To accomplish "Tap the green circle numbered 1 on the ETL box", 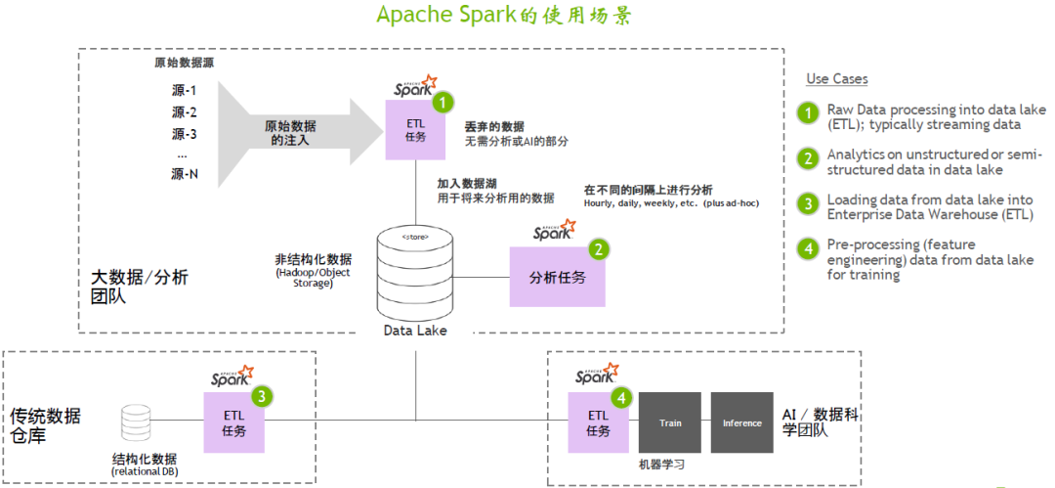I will click(443, 102).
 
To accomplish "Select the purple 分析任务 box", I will click(557, 277).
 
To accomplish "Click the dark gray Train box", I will click(670, 422).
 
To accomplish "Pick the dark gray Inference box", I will click(741, 422).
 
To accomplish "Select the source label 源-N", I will click(185, 174).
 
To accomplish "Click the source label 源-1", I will click(185, 91).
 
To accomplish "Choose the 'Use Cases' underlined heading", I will click(836, 79).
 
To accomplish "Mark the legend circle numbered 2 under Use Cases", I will click(808, 158).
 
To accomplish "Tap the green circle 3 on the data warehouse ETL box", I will click(263, 396).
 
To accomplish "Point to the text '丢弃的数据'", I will click(494, 127).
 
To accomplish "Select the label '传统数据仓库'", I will click(46, 426).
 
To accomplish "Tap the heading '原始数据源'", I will click(185, 63).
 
